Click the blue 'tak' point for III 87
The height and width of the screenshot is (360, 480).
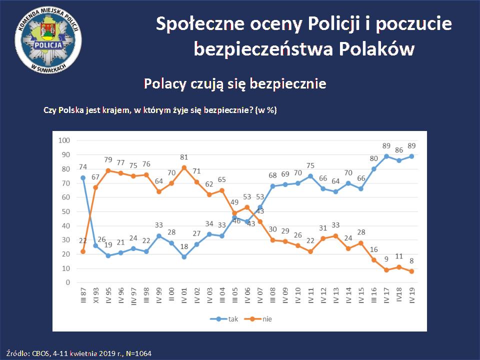[83, 177]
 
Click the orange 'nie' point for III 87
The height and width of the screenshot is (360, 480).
[83, 251]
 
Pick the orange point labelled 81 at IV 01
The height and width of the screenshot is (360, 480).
[184, 167]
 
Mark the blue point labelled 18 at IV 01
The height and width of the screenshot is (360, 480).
[184, 257]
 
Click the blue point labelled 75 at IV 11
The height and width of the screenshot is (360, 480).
[311, 176]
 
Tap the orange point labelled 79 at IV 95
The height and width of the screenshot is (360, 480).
[108, 170]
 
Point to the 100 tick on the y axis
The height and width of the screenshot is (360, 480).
[64, 140]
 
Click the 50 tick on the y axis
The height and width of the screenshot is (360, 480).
[65, 211]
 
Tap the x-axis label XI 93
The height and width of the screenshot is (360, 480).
[95, 298]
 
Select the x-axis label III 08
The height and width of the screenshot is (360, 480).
[273, 298]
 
